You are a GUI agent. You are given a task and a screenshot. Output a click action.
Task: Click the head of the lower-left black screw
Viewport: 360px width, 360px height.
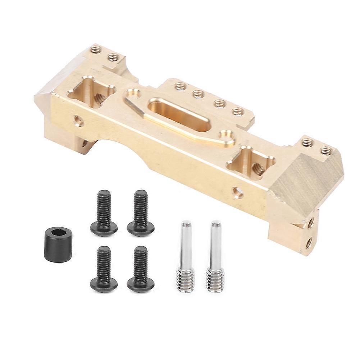[104, 284]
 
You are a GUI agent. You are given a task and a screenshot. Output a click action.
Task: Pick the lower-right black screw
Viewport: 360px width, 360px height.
[141, 270]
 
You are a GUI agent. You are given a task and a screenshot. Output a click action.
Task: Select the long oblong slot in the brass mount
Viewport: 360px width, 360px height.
[179, 115]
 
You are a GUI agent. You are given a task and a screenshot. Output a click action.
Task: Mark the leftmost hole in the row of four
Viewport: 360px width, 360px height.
[180, 86]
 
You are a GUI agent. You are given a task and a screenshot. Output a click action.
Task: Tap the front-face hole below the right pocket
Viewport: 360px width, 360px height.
[237, 192]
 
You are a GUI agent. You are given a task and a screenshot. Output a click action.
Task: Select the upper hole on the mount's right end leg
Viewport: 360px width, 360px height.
[310, 223]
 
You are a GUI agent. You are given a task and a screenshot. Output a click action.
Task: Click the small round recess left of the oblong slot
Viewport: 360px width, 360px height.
[133, 94]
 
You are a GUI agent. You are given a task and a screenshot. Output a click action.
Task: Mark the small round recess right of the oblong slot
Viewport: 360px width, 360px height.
[227, 136]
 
